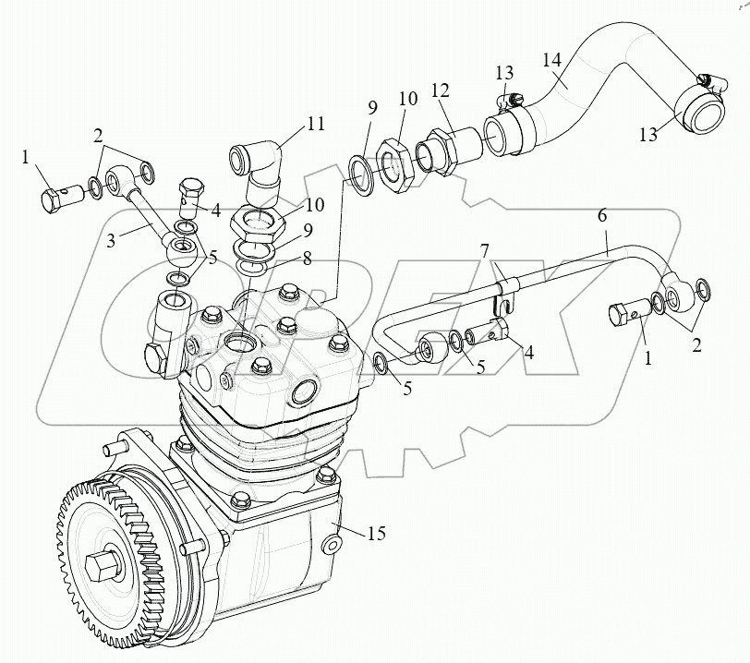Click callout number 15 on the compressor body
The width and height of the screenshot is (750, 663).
tap(375, 533)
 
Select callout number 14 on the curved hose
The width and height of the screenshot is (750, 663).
tap(551, 62)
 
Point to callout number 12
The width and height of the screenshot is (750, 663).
tap(440, 91)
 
